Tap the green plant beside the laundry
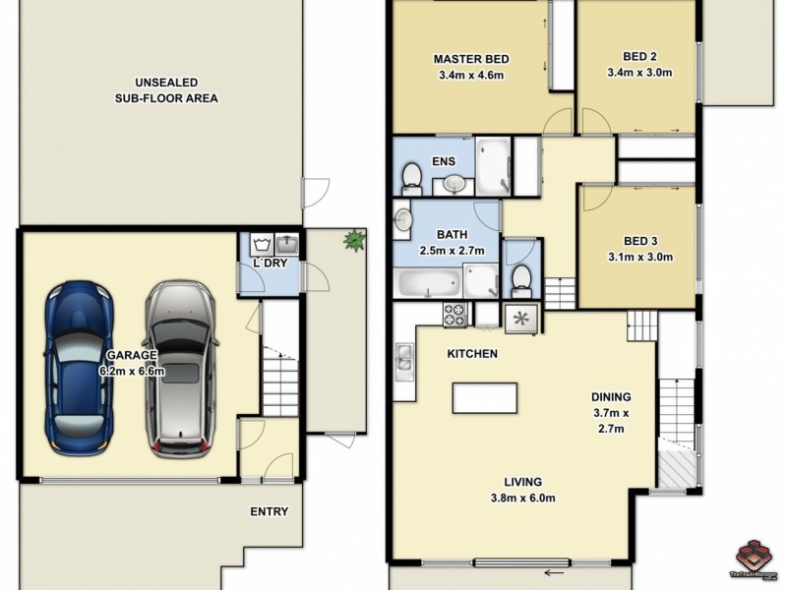pos(352,239)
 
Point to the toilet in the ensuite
pos(411,178)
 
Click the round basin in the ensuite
pos(454,182)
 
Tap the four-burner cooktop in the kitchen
pos(455,315)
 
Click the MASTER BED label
pos(469,60)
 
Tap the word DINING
pos(610,397)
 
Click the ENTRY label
pos(269,511)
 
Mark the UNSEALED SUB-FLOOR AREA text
pos(163,90)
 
